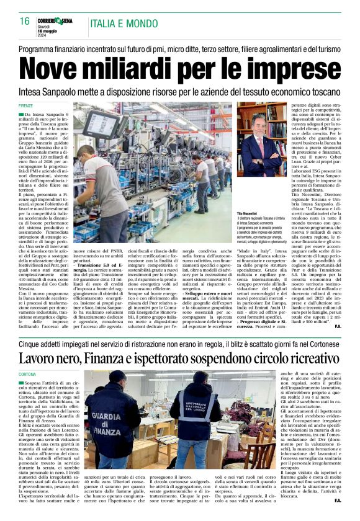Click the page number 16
point(25,21)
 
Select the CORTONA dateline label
point(27,375)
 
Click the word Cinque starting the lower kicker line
point(32,342)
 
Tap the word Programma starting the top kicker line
point(42,49)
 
